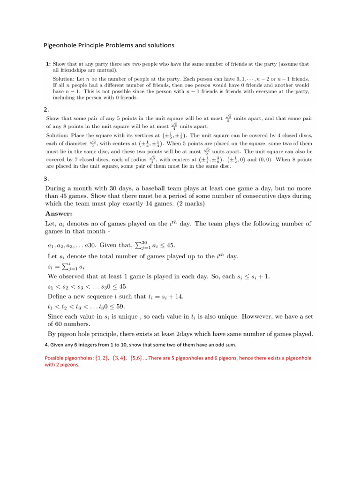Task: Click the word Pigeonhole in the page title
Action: (x=61, y=45)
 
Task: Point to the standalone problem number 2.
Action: (x=46, y=109)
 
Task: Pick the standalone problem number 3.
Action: (x=46, y=179)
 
